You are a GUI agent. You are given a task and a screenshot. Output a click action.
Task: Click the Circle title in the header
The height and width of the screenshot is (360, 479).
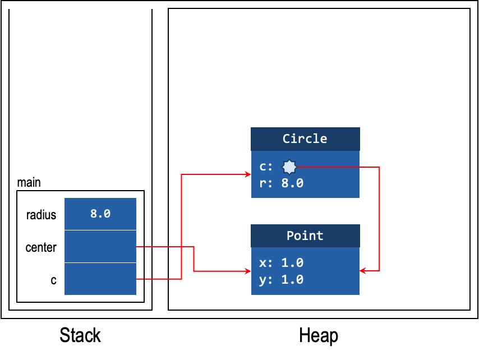pos(305,139)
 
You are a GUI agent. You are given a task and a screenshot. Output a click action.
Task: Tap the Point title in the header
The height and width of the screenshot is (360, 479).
pos(305,236)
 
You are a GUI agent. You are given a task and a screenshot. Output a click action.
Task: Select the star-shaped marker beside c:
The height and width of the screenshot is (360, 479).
pos(289,167)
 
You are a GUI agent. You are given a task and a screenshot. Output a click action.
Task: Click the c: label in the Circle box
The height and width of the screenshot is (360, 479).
pos(266,167)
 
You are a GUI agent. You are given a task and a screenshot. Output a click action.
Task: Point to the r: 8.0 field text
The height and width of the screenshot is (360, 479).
pos(281,183)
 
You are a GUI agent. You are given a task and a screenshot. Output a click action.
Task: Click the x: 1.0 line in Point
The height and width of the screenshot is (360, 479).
pos(281,262)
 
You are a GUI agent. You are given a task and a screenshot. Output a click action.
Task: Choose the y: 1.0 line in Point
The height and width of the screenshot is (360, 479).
pos(281,279)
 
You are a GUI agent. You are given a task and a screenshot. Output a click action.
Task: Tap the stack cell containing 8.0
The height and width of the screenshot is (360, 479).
pos(100,214)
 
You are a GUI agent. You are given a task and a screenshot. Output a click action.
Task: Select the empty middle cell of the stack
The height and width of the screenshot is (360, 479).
pos(100,246)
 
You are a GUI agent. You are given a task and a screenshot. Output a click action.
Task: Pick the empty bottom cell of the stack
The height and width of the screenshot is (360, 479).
pos(100,279)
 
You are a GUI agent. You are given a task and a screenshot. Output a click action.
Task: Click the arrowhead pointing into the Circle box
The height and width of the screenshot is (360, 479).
pos(248,174)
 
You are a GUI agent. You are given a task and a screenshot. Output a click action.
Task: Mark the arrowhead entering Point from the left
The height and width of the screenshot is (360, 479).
pos(248,271)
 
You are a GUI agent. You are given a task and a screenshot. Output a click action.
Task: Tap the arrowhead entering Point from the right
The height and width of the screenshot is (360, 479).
pos(362,271)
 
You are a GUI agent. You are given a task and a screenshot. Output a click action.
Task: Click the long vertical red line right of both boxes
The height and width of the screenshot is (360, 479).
pos(380,219)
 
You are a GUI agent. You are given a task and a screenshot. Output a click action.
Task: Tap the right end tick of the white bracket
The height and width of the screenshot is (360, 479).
pos(152,4)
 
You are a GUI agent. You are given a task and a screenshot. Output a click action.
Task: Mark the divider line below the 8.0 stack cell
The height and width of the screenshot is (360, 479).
pos(100,230)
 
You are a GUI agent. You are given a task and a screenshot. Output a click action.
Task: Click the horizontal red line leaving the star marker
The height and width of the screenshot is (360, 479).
pos(337,167)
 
